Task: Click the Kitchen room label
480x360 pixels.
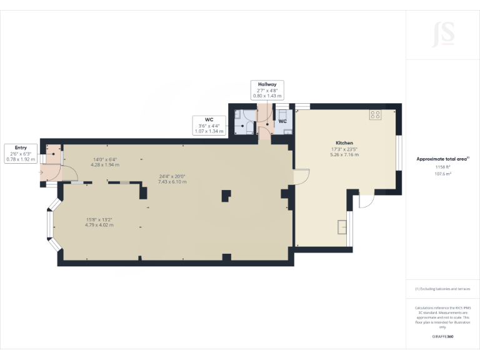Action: pos(344,143)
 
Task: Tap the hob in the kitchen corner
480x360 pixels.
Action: pos(376,114)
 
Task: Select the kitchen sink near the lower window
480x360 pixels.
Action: pos(341,226)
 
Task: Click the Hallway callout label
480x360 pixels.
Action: pos(267,84)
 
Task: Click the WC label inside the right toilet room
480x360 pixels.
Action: pos(282,121)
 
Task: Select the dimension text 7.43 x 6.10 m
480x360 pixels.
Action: pos(172,181)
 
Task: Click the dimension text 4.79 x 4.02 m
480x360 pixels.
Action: pos(100,224)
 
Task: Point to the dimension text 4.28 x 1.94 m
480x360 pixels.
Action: pos(104,165)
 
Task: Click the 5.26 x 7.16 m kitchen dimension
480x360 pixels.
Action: pos(344,154)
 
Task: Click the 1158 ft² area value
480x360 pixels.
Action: pos(442,167)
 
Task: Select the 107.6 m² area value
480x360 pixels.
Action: pos(442,174)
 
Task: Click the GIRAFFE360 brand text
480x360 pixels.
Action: pos(442,337)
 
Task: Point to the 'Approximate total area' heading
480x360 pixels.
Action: pos(442,159)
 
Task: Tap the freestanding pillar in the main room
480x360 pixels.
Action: pos(225,196)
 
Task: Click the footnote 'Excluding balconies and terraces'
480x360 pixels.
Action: pos(442,289)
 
